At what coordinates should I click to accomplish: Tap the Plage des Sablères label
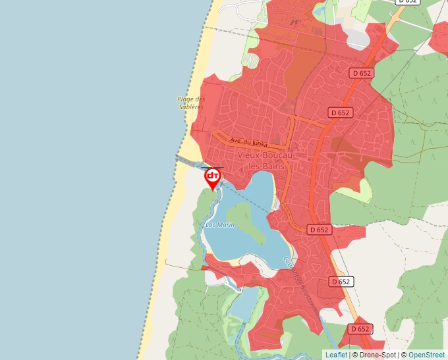(191, 103)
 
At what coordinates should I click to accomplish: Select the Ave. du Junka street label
(249, 141)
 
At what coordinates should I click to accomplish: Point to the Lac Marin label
(220, 225)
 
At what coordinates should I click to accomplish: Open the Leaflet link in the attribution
(336, 355)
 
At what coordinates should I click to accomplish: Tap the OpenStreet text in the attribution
(428, 355)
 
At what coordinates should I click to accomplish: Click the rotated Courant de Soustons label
(300, 283)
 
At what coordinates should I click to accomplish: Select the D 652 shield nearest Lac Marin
(318, 230)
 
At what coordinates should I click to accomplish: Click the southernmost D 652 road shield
(360, 328)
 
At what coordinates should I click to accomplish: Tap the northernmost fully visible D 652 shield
(362, 73)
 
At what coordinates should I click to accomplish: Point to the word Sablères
(191, 107)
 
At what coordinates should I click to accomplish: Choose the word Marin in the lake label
(226, 225)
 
